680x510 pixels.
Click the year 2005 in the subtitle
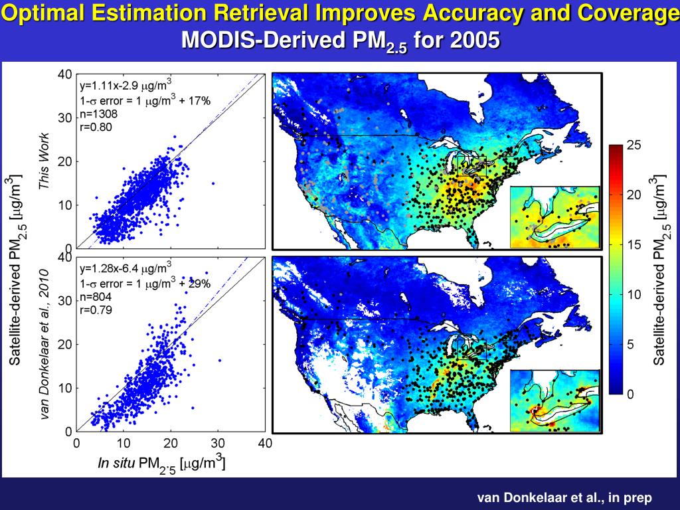(474, 41)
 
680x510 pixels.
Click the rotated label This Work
(44, 163)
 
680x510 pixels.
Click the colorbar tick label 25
(634, 145)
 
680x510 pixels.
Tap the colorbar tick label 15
(634, 245)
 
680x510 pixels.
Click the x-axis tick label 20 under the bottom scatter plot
(171, 444)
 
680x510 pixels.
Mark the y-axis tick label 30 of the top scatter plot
(66, 118)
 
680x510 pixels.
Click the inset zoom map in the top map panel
(554, 217)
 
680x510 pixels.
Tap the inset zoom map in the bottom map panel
(554, 400)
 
